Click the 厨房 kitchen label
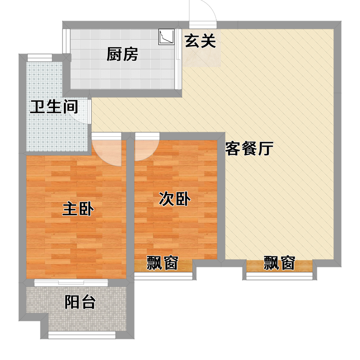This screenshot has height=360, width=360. coord(122,54)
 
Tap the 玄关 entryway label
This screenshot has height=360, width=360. coord(200,41)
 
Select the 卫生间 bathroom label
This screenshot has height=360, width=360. coord(54,107)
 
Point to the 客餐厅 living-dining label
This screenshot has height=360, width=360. coord(249,148)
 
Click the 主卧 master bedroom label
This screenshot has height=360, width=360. coord(78,209)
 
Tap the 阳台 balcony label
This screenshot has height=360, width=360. coord(80,302)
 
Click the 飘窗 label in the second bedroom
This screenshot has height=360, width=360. coord(162,263)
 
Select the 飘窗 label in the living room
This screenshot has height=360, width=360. coord(279,263)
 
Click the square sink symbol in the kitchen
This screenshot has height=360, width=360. coord(166,37)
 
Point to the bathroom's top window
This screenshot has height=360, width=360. coord(40,58)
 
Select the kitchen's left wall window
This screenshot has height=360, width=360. coord(67,41)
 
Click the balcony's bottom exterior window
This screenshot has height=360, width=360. coord(82,335)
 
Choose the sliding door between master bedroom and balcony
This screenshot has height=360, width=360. coord(71,283)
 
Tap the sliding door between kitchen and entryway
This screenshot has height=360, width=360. coord(178,59)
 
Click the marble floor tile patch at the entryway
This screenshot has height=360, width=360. coord(202,48)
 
